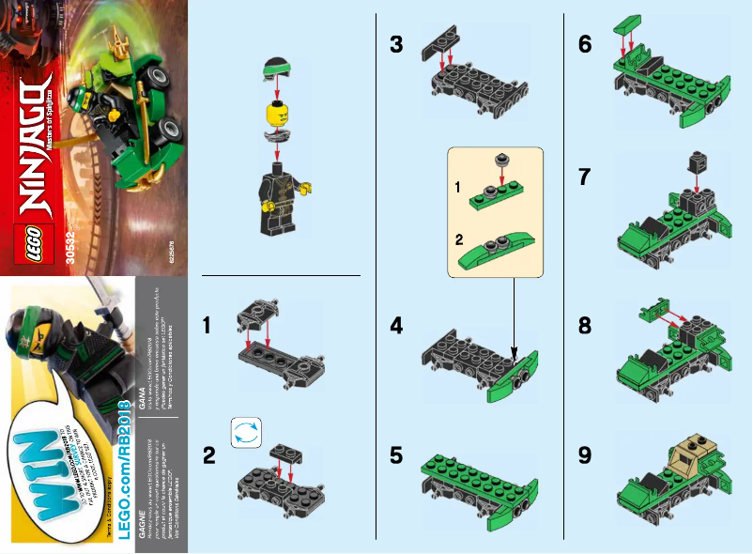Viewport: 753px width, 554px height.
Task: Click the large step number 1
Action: click(211, 326)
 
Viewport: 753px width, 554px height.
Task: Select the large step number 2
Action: click(211, 457)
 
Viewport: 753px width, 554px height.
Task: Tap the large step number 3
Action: click(398, 44)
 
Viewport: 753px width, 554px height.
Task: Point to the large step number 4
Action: click(398, 326)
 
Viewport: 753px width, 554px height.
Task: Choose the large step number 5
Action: click(398, 456)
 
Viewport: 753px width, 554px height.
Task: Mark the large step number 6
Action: click(586, 44)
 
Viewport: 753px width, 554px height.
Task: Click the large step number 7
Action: click(586, 176)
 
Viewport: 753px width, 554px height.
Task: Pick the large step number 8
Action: click(586, 326)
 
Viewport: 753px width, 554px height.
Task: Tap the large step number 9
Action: click(586, 456)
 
